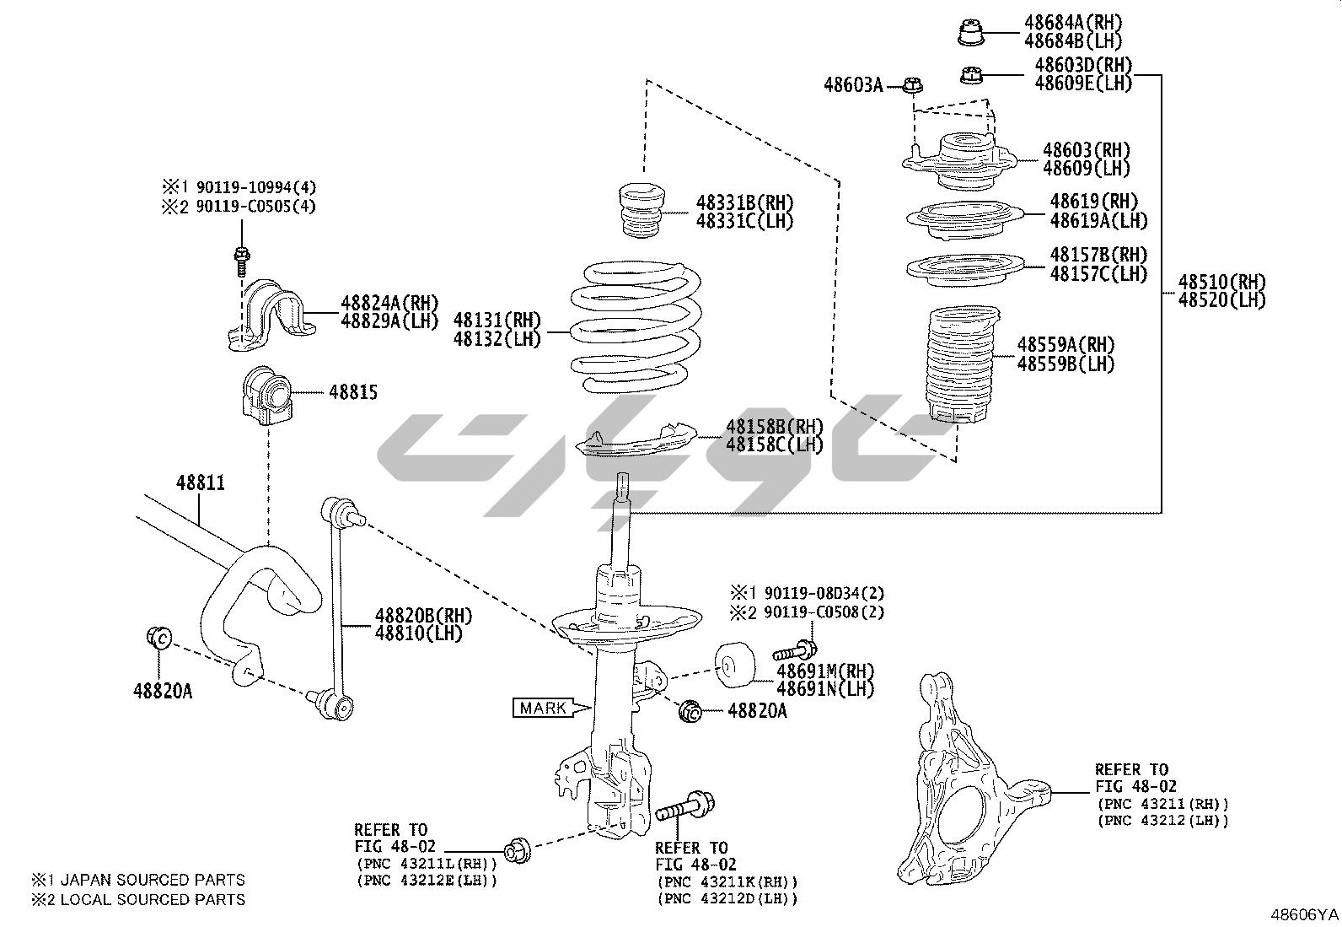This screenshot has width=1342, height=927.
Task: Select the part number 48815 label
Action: [352, 392]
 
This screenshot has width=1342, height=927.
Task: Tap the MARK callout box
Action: [543, 708]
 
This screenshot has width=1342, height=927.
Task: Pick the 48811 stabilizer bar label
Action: [201, 483]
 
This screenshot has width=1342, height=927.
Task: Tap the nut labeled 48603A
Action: [912, 85]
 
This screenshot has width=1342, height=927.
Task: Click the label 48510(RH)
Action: [1221, 282]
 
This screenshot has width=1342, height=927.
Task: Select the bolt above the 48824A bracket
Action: [241, 257]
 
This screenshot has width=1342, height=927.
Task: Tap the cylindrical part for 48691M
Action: [734, 663]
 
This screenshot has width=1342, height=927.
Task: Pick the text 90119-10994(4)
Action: [255, 187]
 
